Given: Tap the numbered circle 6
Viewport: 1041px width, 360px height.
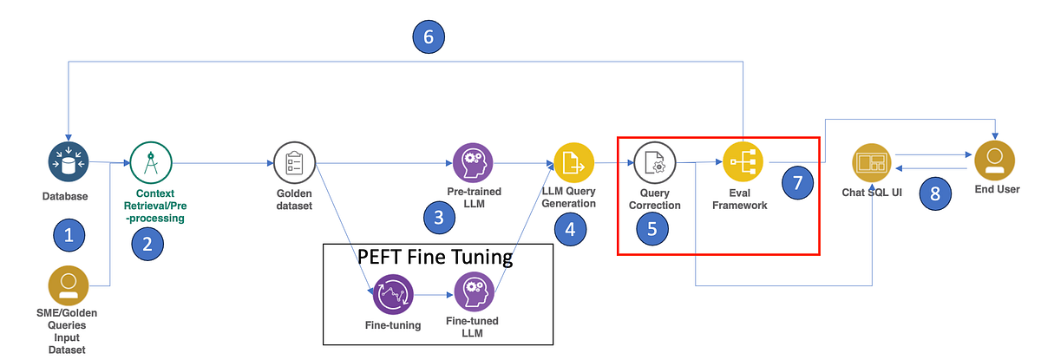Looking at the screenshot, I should (x=429, y=37).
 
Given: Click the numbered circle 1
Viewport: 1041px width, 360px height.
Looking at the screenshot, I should (x=69, y=233).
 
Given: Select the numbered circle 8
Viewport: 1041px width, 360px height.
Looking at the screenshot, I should (x=935, y=193).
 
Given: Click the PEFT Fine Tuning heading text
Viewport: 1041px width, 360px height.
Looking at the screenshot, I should (x=436, y=258).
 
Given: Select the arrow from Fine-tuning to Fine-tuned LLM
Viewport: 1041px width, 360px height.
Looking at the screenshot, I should (x=434, y=295).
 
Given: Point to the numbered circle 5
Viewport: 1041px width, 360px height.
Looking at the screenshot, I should (x=653, y=228).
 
